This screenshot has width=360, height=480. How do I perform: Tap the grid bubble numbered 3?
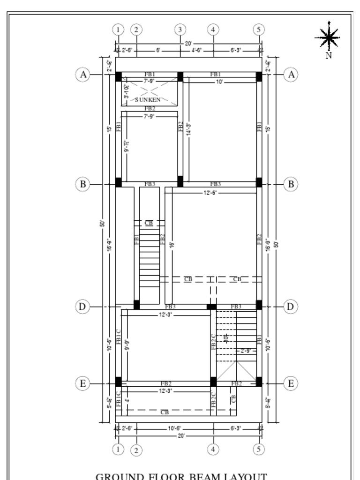(x=180, y=30)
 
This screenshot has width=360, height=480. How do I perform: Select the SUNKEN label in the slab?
(x=148, y=100)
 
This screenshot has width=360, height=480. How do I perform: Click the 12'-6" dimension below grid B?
(x=210, y=193)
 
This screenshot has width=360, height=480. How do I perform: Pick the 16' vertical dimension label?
(x=172, y=244)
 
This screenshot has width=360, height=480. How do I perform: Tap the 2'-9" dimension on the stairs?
(x=246, y=351)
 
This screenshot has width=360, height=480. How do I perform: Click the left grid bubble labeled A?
(x=82, y=75)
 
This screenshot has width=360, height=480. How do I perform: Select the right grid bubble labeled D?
(x=291, y=307)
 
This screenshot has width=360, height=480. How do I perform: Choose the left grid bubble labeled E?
(x=82, y=384)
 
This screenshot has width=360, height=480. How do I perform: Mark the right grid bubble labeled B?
(x=291, y=184)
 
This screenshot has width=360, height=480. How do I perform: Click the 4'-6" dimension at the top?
(x=196, y=50)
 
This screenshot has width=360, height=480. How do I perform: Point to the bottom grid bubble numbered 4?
(x=213, y=450)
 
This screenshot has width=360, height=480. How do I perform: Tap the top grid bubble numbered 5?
(x=259, y=30)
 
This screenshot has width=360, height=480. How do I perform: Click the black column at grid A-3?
(x=180, y=76)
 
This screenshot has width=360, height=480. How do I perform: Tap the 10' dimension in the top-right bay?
(x=219, y=82)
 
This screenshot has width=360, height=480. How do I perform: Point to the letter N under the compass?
(x=329, y=55)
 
